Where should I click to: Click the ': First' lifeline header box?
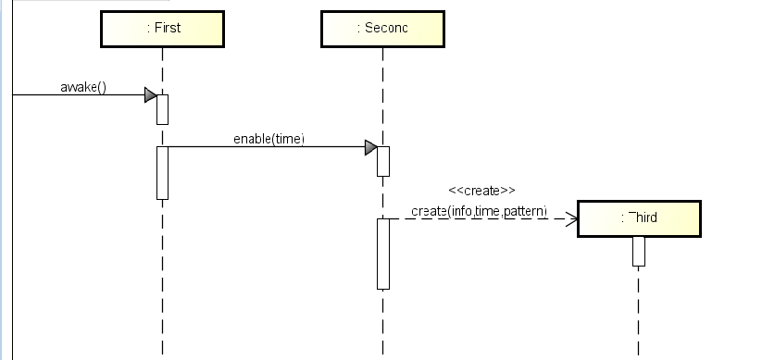click(x=162, y=28)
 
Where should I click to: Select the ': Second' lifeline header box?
click(x=381, y=28)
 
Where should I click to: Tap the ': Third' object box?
click(x=639, y=218)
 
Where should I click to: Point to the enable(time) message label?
click(x=269, y=139)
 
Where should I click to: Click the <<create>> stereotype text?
click(x=481, y=190)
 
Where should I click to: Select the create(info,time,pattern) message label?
click(x=480, y=211)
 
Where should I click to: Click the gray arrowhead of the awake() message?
click(x=150, y=94)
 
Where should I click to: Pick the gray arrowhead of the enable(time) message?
click(x=370, y=147)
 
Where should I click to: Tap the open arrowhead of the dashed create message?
click(x=571, y=219)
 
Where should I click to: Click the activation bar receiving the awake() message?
click(x=162, y=109)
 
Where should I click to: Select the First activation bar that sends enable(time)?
click(x=162, y=172)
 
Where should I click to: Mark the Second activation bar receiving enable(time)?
click(x=382, y=161)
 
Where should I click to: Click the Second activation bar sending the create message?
click(x=382, y=254)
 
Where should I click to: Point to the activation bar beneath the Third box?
click(x=638, y=251)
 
